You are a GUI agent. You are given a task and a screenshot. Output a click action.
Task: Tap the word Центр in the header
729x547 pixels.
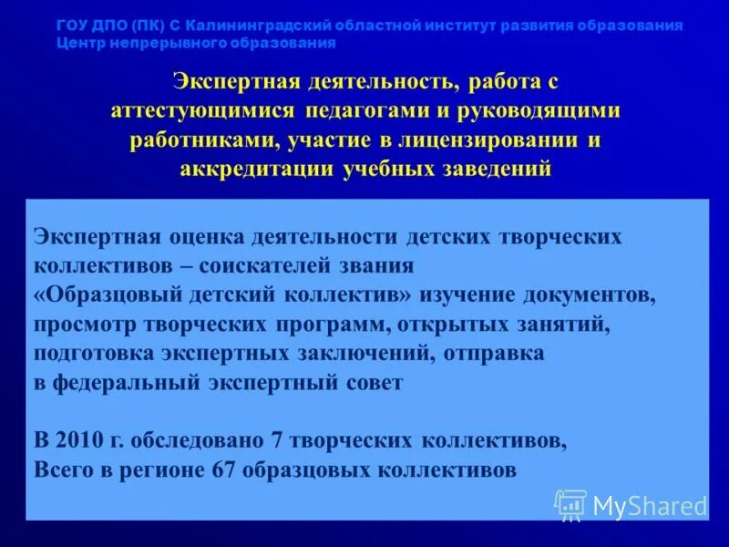coord(77,43)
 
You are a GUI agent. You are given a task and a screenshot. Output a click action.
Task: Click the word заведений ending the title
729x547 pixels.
coord(498,169)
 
